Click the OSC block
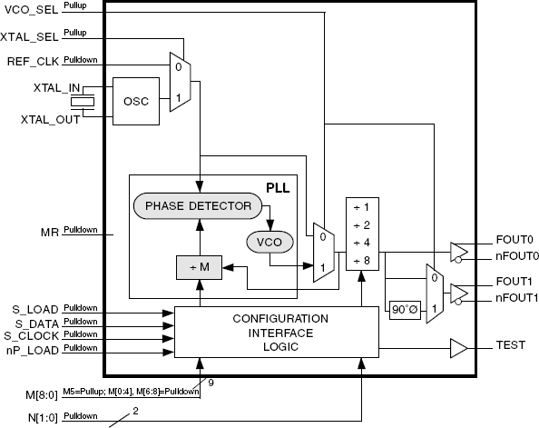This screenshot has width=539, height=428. click(136, 101)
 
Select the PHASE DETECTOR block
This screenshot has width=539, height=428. click(198, 206)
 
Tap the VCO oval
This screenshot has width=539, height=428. click(269, 242)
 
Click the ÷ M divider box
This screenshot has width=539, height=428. click(199, 267)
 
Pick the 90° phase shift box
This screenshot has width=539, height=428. click(405, 310)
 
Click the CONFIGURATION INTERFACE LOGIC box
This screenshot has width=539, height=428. click(277, 333)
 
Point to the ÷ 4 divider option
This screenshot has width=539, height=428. click(362, 243)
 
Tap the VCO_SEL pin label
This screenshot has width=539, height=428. click(31, 10)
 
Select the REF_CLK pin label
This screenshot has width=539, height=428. click(33, 62)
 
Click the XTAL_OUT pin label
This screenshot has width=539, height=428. click(50, 120)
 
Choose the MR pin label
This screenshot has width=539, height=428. click(50, 232)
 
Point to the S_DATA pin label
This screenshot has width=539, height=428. click(37, 324)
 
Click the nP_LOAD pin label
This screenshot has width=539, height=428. click(33, 351)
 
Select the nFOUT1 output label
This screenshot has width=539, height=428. click(516, 298)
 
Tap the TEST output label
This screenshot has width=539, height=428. click(511, 345)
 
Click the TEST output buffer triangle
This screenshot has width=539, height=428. click(458, 348)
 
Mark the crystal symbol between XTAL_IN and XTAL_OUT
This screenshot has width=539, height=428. click(83, 102)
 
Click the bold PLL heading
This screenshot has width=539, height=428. click(278, 188)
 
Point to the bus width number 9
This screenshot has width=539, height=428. click(211, 383)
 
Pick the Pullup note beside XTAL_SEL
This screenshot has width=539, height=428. click(75, 33)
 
